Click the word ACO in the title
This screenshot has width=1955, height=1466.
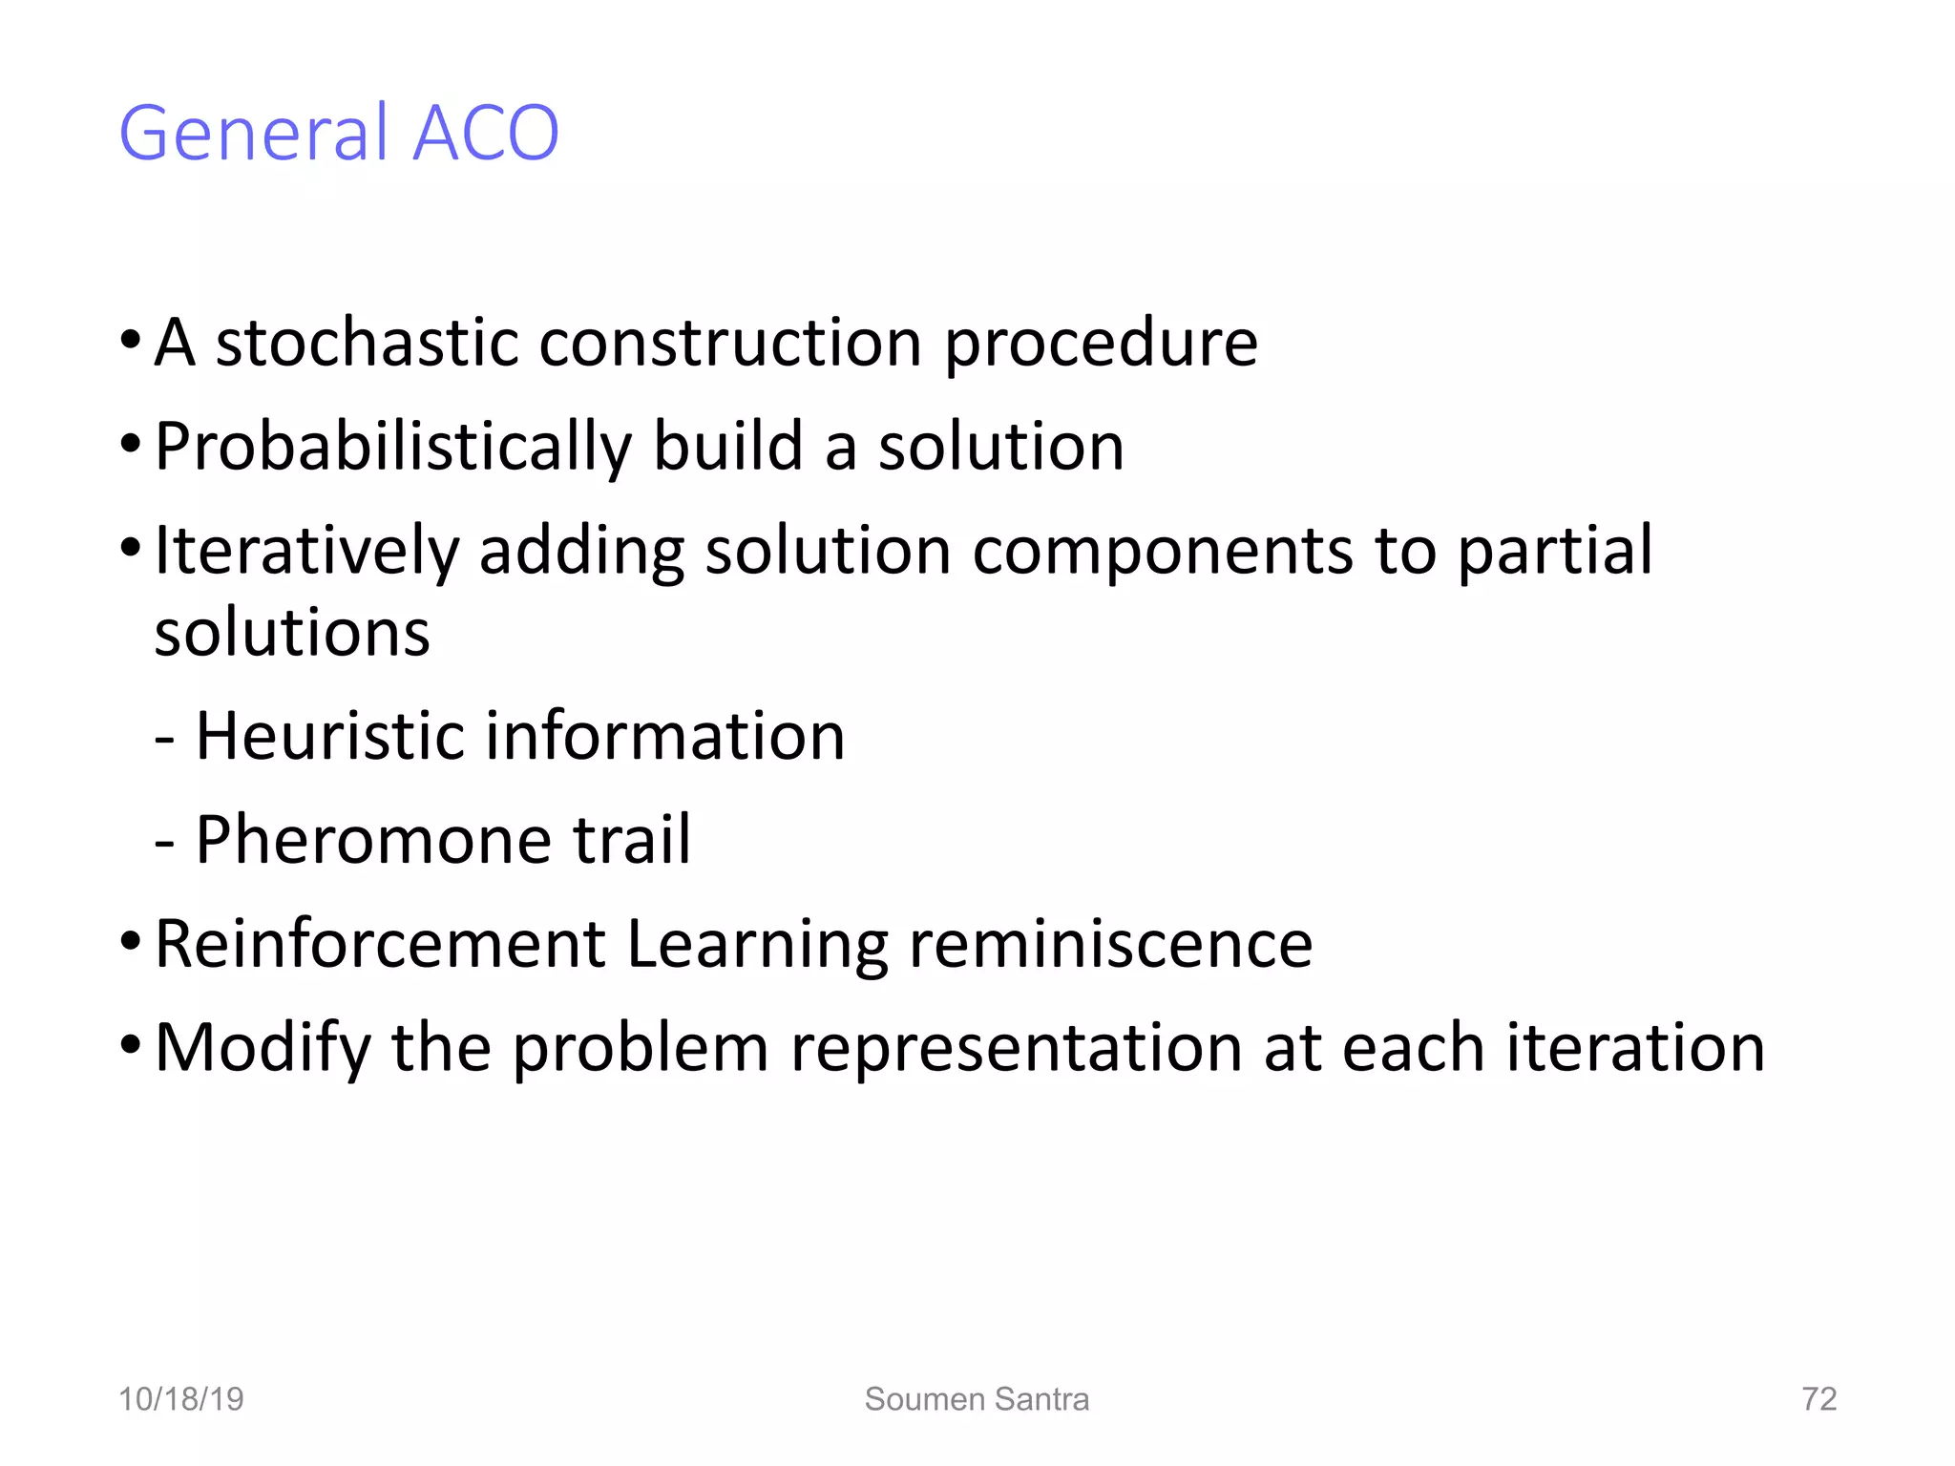click(485, 133)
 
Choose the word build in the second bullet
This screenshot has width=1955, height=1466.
click(728, 447)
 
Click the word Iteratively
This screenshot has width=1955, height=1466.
click(306, 551)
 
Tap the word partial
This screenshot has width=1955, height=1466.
click(1555, 551)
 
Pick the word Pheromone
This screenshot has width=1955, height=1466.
click(372, 840)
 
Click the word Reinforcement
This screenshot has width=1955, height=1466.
click(380, 944)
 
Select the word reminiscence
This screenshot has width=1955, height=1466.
click(1110, 944)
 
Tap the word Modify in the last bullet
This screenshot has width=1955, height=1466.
click(263, 1048)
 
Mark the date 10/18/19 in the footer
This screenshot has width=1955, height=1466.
click(180, 1399)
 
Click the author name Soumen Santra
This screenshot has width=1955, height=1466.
click(977, 1399)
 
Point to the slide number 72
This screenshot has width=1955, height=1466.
click(1818, 1399)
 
